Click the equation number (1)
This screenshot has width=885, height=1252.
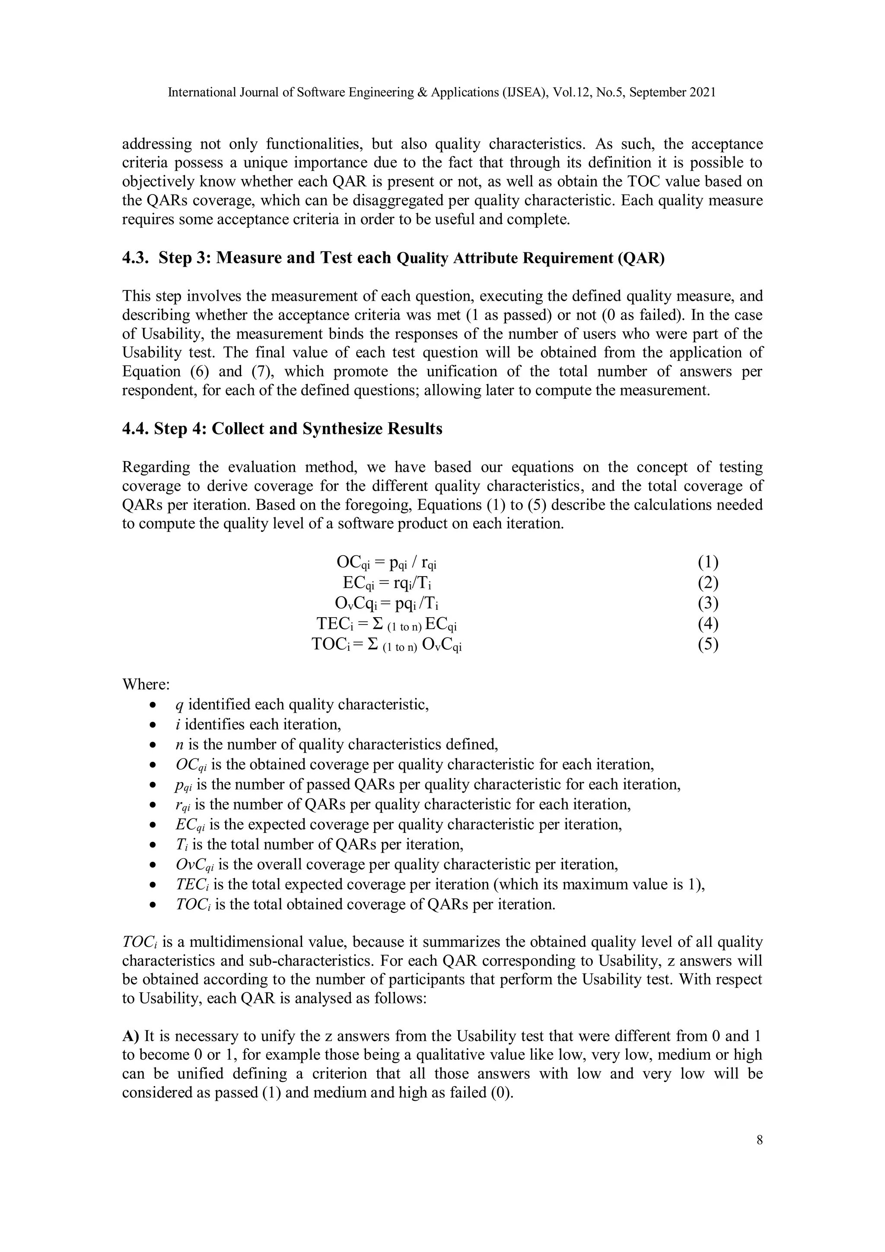(708, 562)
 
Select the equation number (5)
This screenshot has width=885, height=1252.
(708, 644)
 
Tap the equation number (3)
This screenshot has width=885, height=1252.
(708, 603)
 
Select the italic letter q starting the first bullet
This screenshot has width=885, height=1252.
(179, 706)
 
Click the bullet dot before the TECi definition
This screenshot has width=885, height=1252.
(154, 885)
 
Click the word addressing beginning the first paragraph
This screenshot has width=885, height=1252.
(156, 144)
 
